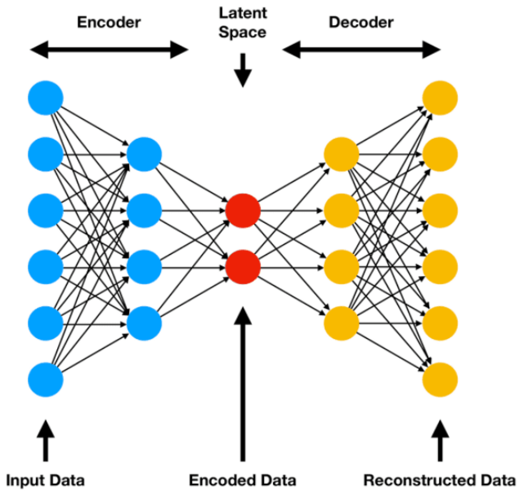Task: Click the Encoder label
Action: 109,22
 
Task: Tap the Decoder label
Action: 361,22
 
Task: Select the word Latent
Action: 243,13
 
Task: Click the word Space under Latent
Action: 242,33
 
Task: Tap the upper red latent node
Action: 243,211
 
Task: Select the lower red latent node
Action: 243,267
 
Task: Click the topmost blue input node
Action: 46,98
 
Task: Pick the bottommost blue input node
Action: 46,380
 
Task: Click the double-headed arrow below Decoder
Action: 361,50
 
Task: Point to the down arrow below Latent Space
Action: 243,70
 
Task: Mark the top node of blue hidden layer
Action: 144,154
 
